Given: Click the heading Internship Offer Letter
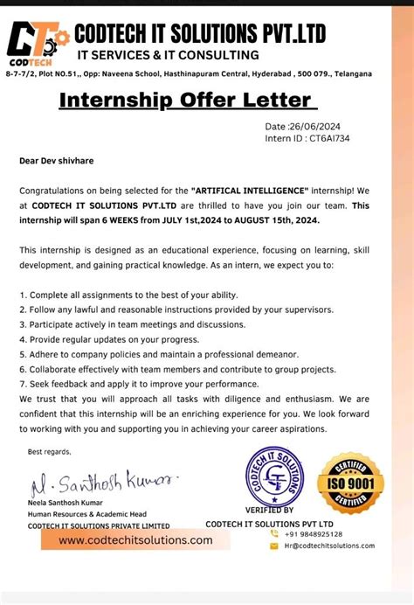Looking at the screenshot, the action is pos(183,101).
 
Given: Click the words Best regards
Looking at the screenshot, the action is pos(49,451).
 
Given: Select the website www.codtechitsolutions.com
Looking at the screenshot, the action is pos(136,540).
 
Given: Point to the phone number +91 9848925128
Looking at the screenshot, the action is pos(314,533).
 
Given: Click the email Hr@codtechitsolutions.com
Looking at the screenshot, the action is pos(327,546).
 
